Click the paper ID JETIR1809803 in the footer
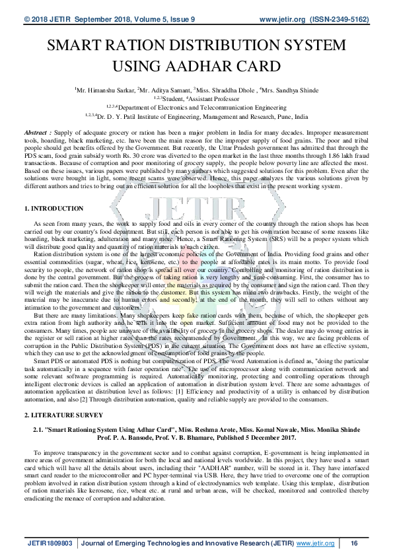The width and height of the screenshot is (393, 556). coord(50,543)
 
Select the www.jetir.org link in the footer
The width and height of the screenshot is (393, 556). coord(315,543)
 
